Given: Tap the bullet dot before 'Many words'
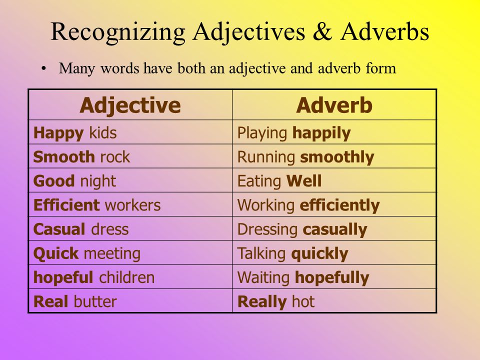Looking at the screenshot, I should click(44, 68).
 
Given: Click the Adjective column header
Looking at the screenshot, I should click(130, 105).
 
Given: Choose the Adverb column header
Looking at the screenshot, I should click(334, 105).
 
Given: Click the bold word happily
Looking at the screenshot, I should click(321, 133).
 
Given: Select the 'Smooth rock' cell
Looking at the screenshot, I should click(130, 157).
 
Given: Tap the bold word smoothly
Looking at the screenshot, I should click(337, 157).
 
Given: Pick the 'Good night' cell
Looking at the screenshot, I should click(130, 181).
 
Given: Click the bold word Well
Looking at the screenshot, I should click(303, 181).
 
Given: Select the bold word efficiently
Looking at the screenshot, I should click(339, 205).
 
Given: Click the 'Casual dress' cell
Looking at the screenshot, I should click(130, 229).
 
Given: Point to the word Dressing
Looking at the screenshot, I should click(268, 229).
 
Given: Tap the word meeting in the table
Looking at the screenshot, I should click(112, 253).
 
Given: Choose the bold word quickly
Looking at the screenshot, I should click(319, 253).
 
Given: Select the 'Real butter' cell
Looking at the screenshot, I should click(130, 301).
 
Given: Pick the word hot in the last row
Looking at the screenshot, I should click(303, 301).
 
